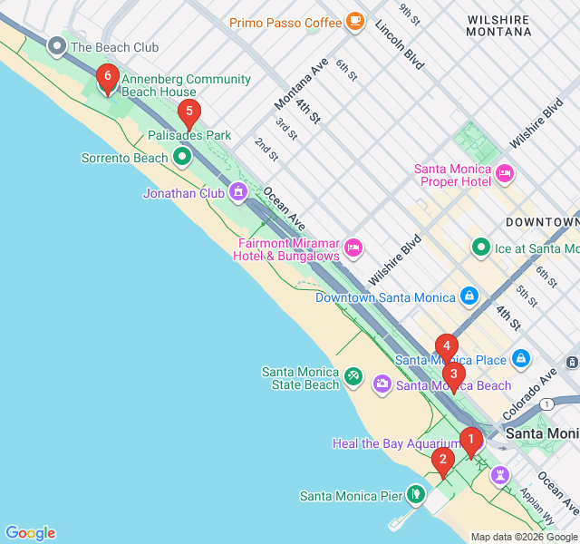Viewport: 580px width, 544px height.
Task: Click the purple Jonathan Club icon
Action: [237, 191]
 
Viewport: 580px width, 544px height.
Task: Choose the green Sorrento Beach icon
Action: [182, 158]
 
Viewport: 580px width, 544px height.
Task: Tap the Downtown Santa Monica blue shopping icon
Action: [469, 296]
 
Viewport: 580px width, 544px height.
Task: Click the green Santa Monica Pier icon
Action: [415, 494]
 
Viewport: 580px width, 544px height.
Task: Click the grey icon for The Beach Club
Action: [57, 45]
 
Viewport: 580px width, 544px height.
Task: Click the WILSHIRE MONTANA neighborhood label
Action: [498, 25]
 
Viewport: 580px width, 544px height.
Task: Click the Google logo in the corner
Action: [30, 533]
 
